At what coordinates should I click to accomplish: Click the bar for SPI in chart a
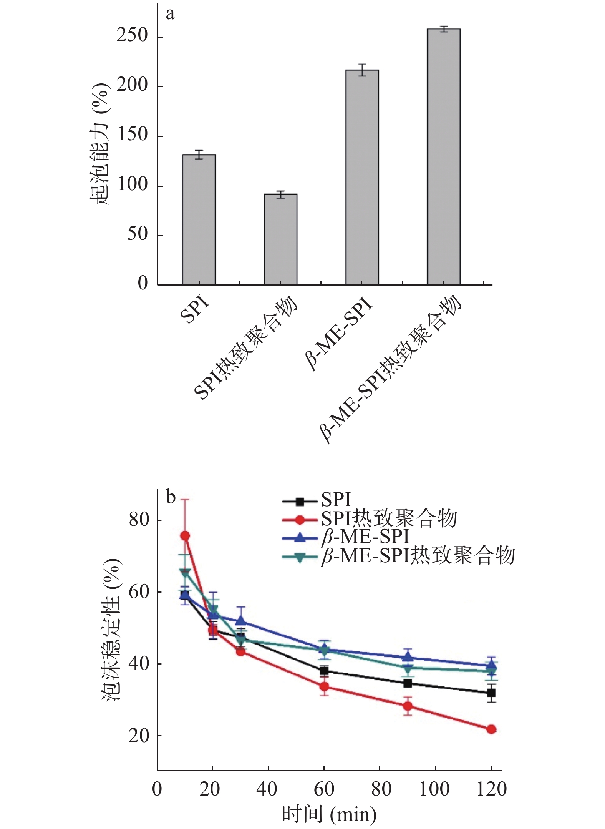(199, 219)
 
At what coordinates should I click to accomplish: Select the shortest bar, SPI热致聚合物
(280, 239)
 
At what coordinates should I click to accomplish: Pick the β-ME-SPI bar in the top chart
(362, 177)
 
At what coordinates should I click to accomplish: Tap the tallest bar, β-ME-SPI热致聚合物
(444, 157)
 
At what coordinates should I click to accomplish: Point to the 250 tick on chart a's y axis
(132, 36)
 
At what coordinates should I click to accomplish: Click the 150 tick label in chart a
(132, 135)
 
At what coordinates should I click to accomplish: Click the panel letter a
(170, 14)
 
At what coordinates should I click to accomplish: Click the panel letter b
(171, 497)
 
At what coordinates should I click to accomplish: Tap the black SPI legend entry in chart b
(336, 500)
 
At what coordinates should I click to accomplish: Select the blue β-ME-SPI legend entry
(365, 537)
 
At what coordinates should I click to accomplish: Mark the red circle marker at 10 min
(185, 535)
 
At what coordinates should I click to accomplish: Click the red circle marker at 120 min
(491, 729)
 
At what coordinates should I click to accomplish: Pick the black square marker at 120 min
(491, 693)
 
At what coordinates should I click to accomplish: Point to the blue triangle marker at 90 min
(408, 656)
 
